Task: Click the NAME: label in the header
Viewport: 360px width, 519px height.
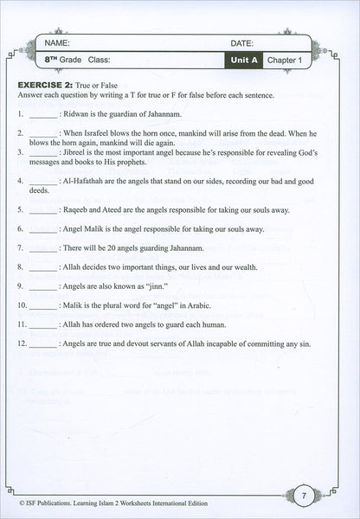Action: (57, 42)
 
